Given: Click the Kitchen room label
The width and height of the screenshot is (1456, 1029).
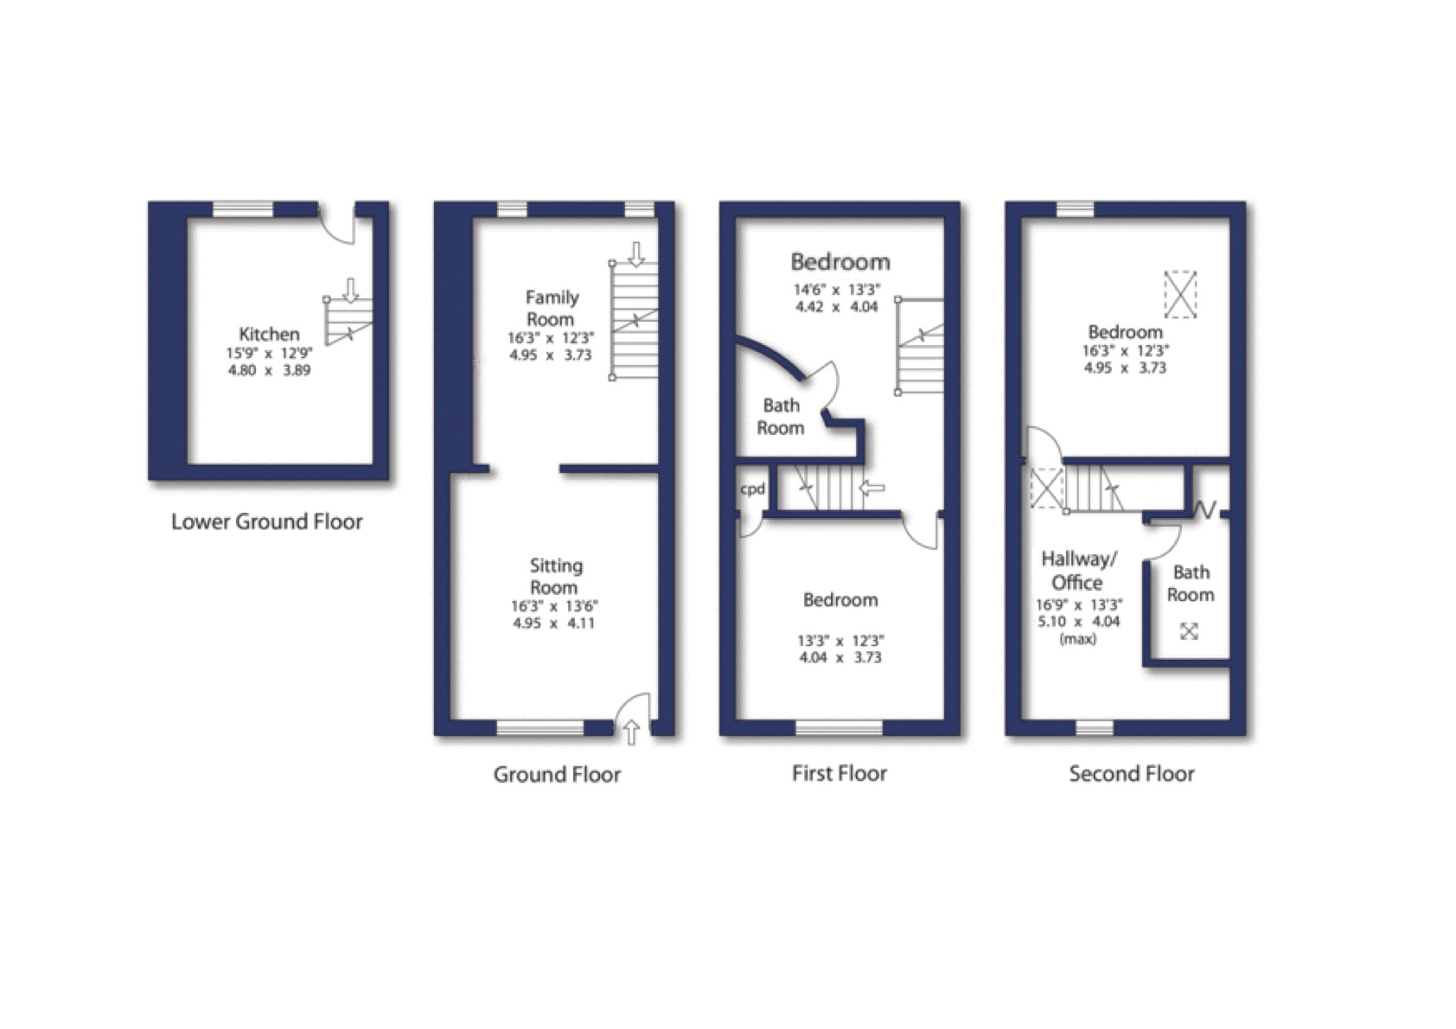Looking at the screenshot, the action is point(269,334).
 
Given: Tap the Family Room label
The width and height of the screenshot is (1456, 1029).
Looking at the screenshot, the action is point(552,308).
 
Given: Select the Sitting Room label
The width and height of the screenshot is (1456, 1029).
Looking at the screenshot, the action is point(555,576).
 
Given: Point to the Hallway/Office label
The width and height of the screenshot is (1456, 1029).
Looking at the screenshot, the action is point(1078,570).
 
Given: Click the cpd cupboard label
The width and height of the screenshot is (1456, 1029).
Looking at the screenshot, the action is point(752,489).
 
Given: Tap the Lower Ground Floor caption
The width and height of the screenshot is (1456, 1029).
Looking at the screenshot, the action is point(266,521).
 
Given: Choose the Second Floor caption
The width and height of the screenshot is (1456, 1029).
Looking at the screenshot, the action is point(1132,773).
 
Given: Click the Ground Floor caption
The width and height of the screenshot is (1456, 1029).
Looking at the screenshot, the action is point(557,774).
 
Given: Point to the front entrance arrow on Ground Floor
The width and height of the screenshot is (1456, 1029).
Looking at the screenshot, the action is point(631,732).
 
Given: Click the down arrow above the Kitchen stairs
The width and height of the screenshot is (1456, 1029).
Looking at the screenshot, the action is point(350,291).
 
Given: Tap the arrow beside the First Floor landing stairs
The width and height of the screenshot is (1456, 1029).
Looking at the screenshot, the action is point(872,488).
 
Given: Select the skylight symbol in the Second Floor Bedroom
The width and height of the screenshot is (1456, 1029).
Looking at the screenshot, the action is point(1180,295).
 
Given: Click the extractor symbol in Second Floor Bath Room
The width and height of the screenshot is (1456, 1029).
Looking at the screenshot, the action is point(1189,631).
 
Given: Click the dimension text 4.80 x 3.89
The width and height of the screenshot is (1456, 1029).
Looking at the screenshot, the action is point(269,370).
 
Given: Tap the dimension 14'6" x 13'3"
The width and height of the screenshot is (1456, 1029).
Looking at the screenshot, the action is point(837,290).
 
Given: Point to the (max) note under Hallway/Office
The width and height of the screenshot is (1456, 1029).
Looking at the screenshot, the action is point(1077,639).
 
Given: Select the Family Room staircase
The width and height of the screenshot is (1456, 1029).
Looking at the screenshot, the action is point(634,320).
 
